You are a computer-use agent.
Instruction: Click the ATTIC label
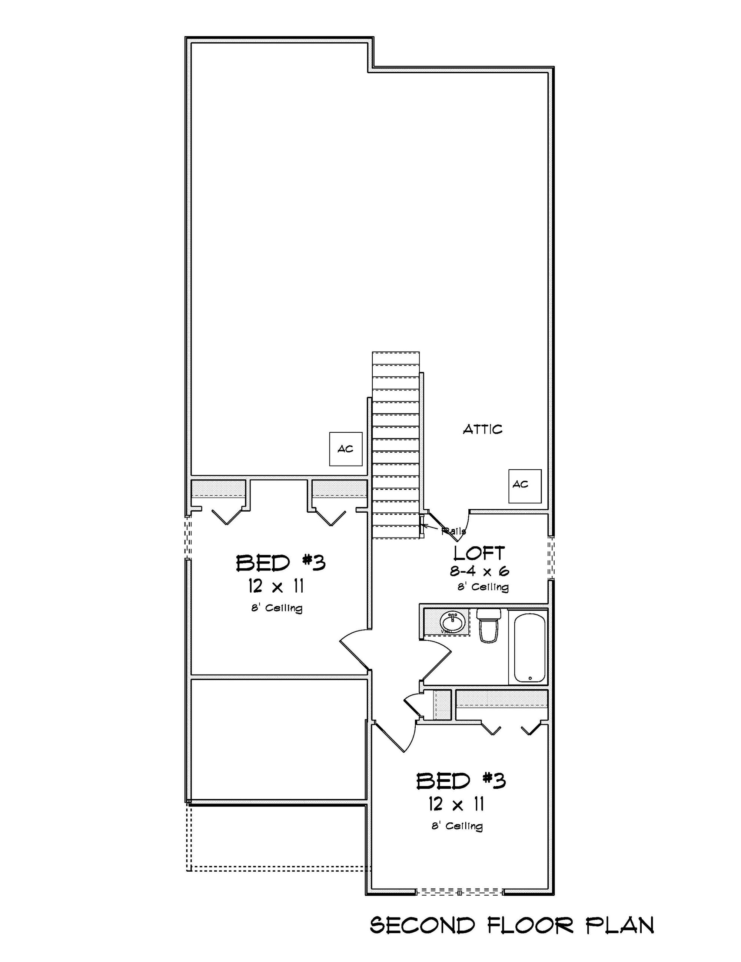point(482,429)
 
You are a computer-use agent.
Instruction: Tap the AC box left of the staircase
point(346,449)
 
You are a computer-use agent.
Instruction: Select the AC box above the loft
point(525,486)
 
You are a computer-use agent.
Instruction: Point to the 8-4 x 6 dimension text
point(479,572)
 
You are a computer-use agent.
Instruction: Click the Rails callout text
point(454,531)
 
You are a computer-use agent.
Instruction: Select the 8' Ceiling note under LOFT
point(483,587)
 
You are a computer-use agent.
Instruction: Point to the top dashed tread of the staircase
point(396,358)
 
